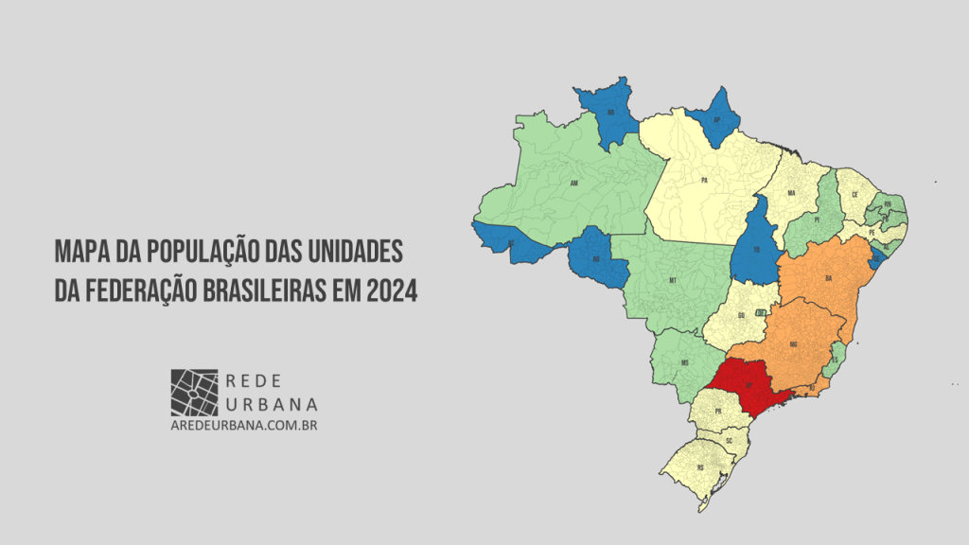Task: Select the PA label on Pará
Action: coord(705,178)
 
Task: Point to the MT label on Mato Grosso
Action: coord(673,281)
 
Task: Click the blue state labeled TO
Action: coord(757,248)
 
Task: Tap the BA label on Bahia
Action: coord(828,278)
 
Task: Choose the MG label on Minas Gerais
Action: coord(793,344)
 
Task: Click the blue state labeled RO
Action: coord(596,257)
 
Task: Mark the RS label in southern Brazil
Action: coord(700,467)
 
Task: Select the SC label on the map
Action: coord(729,441)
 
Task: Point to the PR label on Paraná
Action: coord(718,412)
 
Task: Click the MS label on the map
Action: coord(684,362)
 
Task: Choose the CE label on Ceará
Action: coord(854,194)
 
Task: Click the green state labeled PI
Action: coord(815,220)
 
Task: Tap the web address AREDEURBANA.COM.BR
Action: coord(243,427)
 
